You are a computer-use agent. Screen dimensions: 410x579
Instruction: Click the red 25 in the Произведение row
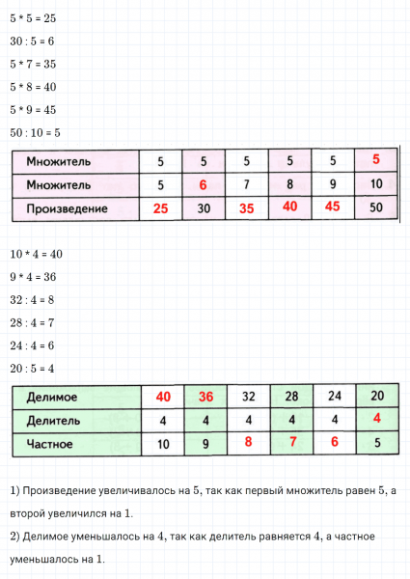click(161, 207)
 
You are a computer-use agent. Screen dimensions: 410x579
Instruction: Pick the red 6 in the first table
click(203, 183)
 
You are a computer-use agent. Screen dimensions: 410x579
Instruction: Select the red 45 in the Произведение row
click(333, 207)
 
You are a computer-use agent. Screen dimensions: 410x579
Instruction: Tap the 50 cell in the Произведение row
click(376, 207)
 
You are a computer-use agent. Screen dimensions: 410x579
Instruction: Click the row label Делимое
click(53, 397)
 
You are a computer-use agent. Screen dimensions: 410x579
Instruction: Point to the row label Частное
click(53, 445)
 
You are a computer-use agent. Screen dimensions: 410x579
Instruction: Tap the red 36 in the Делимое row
click(205, 397)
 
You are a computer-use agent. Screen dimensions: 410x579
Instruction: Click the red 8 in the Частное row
click(248, 445)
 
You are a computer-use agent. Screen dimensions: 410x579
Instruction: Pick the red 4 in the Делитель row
click(376, 420)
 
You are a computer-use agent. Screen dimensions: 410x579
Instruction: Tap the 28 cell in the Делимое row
click(290, 397)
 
